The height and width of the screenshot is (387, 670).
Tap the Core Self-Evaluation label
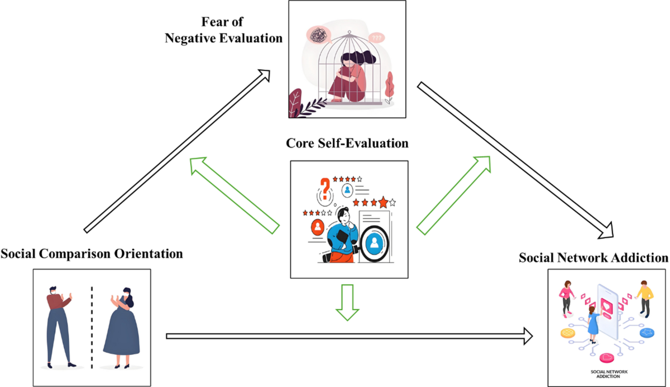[347, 143]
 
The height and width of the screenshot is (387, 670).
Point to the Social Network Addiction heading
[594, 257]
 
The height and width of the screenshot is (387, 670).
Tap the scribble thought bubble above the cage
[318, 36]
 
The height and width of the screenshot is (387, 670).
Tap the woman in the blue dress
[121, 329]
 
